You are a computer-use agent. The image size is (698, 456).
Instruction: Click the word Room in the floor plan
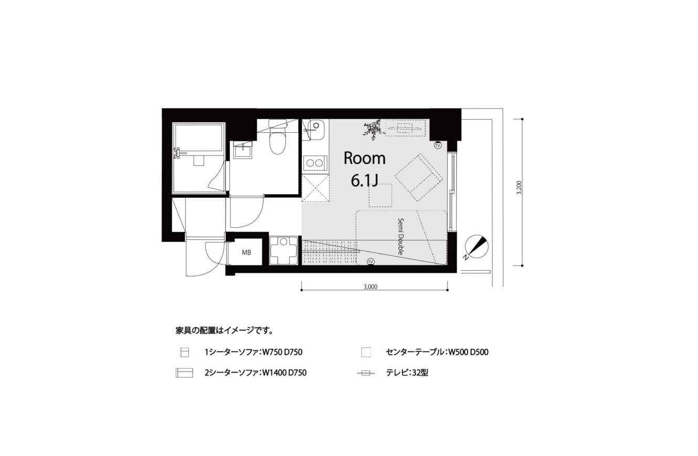click(364, 158)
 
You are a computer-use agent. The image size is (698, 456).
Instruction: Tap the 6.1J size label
click(365, 181)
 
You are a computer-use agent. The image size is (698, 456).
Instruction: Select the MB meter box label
click(247, 252)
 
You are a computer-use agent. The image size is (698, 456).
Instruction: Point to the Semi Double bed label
click(400, 237)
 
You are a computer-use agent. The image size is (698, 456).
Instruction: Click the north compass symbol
click(476, 247)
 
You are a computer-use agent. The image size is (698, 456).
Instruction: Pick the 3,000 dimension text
click(371, 287)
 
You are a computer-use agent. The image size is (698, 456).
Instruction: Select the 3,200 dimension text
click(519, 188)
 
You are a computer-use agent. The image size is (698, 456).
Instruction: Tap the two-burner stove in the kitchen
click(314, 163)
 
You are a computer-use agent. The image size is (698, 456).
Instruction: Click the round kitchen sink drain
click(316, 125)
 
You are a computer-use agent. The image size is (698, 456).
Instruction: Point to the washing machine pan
click(283, 250)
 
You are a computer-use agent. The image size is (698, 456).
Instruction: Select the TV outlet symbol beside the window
click(438, 145)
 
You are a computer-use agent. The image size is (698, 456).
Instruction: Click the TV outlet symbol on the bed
click(371, 262)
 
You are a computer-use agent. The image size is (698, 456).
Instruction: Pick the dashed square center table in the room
click(380, 196)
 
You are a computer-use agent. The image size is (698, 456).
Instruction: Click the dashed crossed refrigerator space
click(315, 189)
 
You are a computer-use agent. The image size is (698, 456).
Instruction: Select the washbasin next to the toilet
click(244, 151)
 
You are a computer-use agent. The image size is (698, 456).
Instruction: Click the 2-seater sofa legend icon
click(184, 373)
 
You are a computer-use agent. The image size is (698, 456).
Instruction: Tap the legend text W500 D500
click(468, 352)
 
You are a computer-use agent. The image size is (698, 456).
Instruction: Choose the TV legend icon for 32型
click(365, 373)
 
